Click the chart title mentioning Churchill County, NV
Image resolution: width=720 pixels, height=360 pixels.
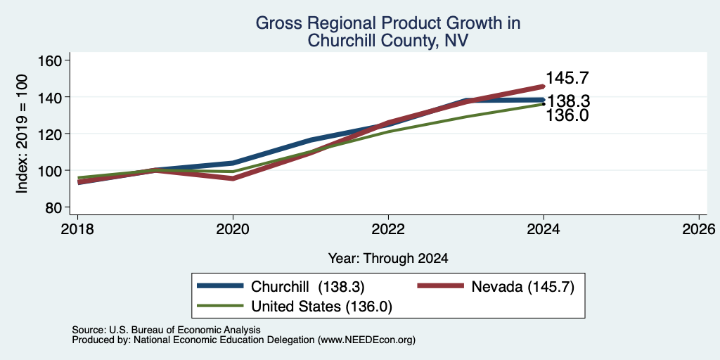tap(387, 31)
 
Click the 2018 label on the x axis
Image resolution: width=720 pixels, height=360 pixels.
tap(78, 229)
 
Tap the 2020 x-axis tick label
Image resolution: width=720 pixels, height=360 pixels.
tap(233, 229)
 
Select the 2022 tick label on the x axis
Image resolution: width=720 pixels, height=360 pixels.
tap(388, 229)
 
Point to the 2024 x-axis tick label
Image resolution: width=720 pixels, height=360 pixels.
tap(544, 229)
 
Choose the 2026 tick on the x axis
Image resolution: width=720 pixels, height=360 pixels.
tap(699, 229)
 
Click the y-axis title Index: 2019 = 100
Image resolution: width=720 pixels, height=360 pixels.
tap(22, 134)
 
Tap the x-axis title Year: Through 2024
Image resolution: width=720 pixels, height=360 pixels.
tap(388, 259)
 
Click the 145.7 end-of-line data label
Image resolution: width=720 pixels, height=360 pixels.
tap(567, 78)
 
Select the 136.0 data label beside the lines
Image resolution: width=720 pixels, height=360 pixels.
tap(567, 115)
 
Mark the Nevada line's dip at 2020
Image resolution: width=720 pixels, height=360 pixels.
tap(233, 178)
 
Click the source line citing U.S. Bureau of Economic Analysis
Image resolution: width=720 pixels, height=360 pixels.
tap(166, 330)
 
